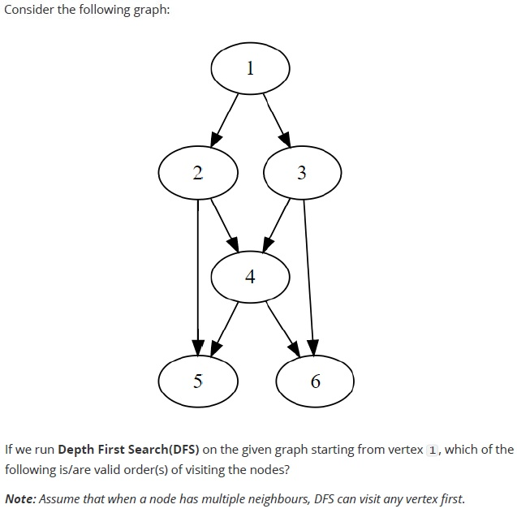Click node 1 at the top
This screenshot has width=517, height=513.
(x=250, y=68)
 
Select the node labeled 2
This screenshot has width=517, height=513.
(x=198, y=173)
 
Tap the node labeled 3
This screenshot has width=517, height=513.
(x=303, y=173)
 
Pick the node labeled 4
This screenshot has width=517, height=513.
(x=250, y=277)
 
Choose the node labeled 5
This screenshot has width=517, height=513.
(x=198, y=382)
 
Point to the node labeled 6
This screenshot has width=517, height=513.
(x=315, y=382)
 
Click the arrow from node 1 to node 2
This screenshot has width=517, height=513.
(x=224, y=120)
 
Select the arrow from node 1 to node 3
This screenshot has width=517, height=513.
(x=277, y=120)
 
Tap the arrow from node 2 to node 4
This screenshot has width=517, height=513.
(x=225, y=225)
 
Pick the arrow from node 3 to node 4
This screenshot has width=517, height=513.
(x=276, y=226)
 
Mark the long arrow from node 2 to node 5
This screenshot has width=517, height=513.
(x=198, y=278)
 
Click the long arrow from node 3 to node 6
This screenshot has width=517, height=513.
(x=309, y=278)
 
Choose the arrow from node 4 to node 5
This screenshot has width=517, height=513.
(x=224, y=329)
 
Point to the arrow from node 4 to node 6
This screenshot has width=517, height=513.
(x=283, y=329)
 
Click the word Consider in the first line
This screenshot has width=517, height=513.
(x=28, y=10)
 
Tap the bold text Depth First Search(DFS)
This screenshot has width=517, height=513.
(x=128, y=450)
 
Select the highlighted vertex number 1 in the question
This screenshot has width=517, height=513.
(x=433, y=450)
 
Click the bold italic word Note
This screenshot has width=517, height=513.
(x=20, y=499)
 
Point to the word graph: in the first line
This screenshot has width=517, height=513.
(x=152, y=11)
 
